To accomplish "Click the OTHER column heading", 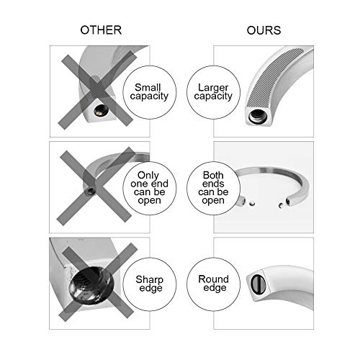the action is [101, 30].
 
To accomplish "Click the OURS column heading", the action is [264, 30].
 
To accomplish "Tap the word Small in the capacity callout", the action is [148, 87].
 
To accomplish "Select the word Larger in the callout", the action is [213, 88].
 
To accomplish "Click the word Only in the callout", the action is [148, 176].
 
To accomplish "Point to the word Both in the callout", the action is [213, 175].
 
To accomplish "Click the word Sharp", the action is [149, 280].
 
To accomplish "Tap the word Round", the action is [213, 279].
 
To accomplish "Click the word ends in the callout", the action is [213, 184].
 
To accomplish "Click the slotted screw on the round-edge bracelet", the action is [258, 284].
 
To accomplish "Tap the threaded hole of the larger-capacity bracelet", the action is [258, 117].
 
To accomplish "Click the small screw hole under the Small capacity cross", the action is [101, 110].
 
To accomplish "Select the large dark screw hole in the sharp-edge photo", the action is [91, 285].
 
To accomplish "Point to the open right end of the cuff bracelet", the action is [288, 201].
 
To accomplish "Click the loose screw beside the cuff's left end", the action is [252, 204].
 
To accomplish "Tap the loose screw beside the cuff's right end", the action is [281, 205].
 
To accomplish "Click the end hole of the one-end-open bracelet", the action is [91, 192].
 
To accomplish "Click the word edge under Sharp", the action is [150, 289].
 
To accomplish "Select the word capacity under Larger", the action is [213, 96].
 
